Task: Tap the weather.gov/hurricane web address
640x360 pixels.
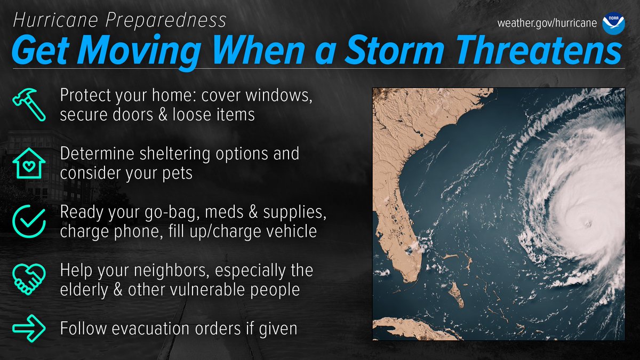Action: (x=547, y=24)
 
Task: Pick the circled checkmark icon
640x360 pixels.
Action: (x=26, y=220)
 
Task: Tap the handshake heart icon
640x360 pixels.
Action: (x=26, y=278)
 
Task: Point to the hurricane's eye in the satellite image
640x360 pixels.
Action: (x=587, y=224)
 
